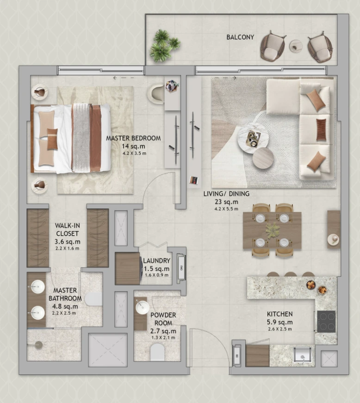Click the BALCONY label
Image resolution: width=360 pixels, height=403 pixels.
pyautogui.click(x=240, y=37)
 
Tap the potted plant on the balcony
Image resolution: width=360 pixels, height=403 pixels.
pyautogui.click(x=164, y=46)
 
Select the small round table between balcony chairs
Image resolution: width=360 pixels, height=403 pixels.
pyautogui.click(x=296, y=47)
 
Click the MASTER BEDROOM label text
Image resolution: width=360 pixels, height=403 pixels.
pyautogui.click(x=133, y=138)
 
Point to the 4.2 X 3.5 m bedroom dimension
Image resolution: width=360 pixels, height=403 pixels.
pyautogui.click(x=134, y=153)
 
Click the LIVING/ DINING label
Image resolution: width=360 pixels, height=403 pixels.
pyautogui.click(x=226, y=194)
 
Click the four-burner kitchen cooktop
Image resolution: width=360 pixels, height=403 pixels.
pyautogui.click(x=326, y=321)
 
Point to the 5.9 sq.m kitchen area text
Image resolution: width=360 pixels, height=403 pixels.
pyautogui.click(x=279, y=322)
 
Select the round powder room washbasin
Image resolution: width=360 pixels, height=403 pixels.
pyautogui.click(x=143, y=307)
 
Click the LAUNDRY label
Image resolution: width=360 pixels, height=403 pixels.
pyautogui.click(x=157, y=261)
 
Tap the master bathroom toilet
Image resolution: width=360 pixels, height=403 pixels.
pyautogui.click(x=93, y=299)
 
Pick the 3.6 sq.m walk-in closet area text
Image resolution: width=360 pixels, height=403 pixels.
pyautogui.click(x=68, y=242)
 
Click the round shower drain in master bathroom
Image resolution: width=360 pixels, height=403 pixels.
pyautogui.click(x=38, y=345)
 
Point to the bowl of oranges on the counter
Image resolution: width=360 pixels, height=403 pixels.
pyautogui.click(x=311, y=285)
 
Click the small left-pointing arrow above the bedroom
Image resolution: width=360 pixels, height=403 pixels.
pyautogui.click(x=115, y=78)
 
